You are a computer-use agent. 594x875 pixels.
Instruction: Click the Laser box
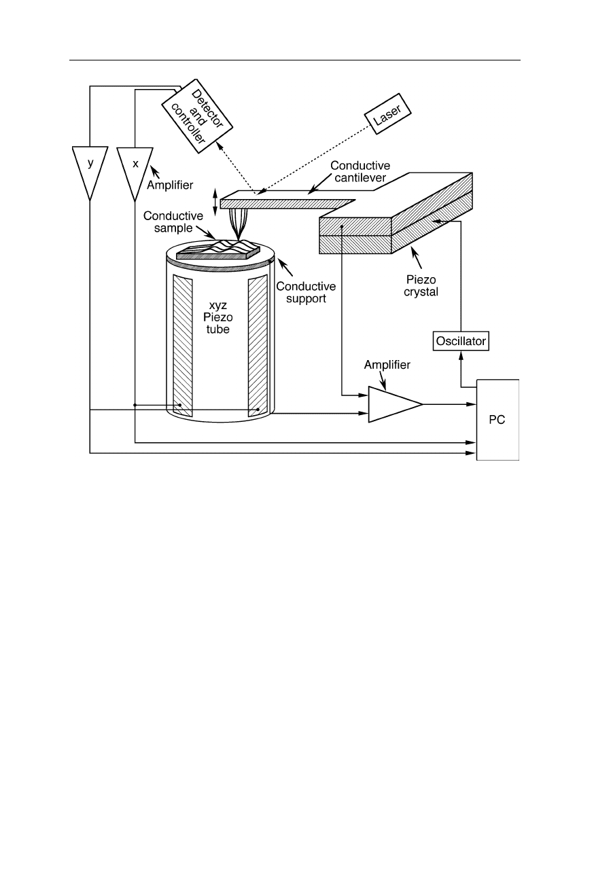click(388, 113)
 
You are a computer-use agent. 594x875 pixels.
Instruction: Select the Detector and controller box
click(197, 116)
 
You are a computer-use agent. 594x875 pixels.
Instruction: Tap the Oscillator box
click(461, 341)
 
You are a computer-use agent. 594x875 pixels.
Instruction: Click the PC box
click(497, 420)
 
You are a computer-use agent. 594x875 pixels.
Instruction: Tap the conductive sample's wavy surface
click(218, 249)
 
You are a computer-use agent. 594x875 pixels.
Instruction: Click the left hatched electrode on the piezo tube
click(183, 346)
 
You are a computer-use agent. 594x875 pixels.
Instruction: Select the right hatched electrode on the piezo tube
click(258, 345)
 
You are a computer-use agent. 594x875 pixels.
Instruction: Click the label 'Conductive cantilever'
click(360, 171)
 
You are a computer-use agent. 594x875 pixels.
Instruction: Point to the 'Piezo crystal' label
click(421, 285)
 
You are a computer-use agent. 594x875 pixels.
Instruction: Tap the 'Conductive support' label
click(306, 292)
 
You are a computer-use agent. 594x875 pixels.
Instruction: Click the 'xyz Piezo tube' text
click(217, 317)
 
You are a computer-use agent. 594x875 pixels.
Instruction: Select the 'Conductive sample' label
click(173, 222)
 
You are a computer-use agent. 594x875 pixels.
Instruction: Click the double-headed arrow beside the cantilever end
click(215, 202)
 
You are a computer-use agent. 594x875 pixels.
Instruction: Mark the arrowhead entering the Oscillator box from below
click(461, 355)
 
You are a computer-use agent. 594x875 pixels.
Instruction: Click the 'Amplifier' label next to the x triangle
click(170, 185)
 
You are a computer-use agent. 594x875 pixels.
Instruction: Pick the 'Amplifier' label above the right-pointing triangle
click(387, 365)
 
